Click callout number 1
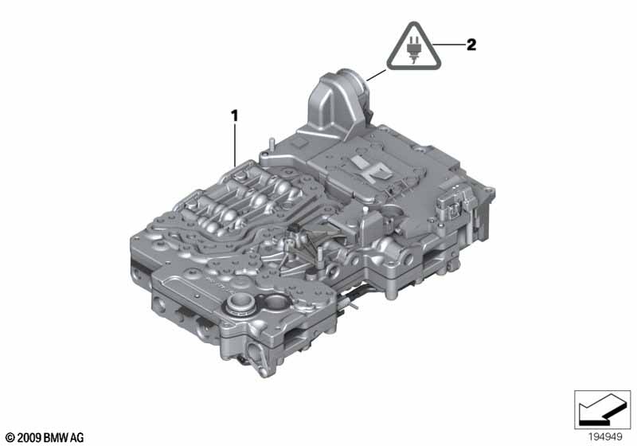click(x=234, y=116)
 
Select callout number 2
click(x=471, y=45)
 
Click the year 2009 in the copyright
click(x=29, y=438)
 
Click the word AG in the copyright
click(x=77, y=438)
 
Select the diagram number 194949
click(x=605, y=437)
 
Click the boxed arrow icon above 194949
click(x=603, y=409)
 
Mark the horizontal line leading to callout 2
click(x=449, y=44)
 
